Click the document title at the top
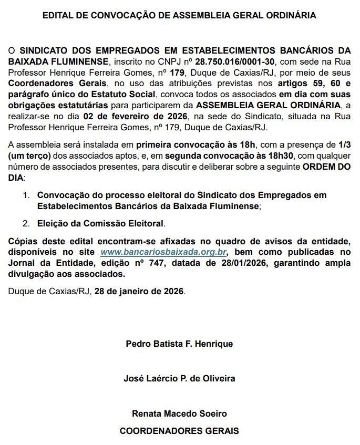coord(179,16)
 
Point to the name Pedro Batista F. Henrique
coord(179,345)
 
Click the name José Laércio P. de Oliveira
coord(179,378)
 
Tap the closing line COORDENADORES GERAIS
coord(179,431)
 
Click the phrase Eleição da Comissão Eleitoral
coord(101,223)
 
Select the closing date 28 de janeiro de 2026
coord(139,290)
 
